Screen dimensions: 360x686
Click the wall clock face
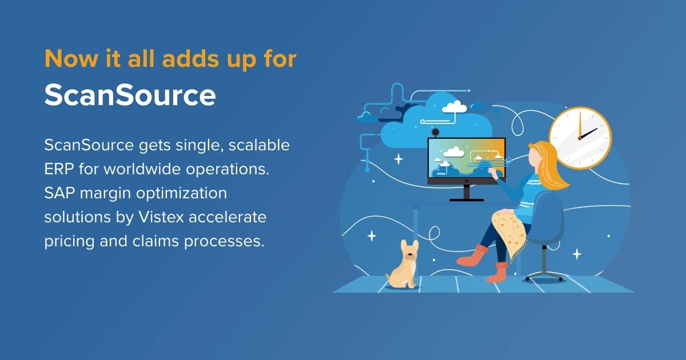pyautogui.click(x=580, y=138)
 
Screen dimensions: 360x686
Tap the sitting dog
pyautogui.click(x=403, y=265)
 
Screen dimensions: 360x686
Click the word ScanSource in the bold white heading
pyautogui.click(x=130, y=95)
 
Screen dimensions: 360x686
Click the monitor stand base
pyautogui.click(x=466, y=198)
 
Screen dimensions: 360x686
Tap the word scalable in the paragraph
pyautogui.click(x=259, y=145)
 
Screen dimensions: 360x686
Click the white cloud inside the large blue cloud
pyautogui.click(x=454, y=106)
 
